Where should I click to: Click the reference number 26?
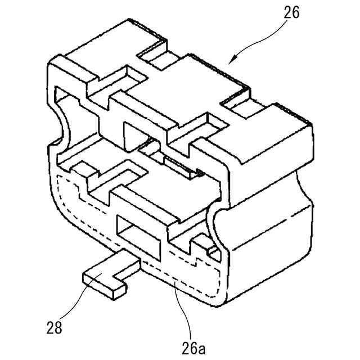coord(292,13)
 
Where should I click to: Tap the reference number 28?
coord(55,325)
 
